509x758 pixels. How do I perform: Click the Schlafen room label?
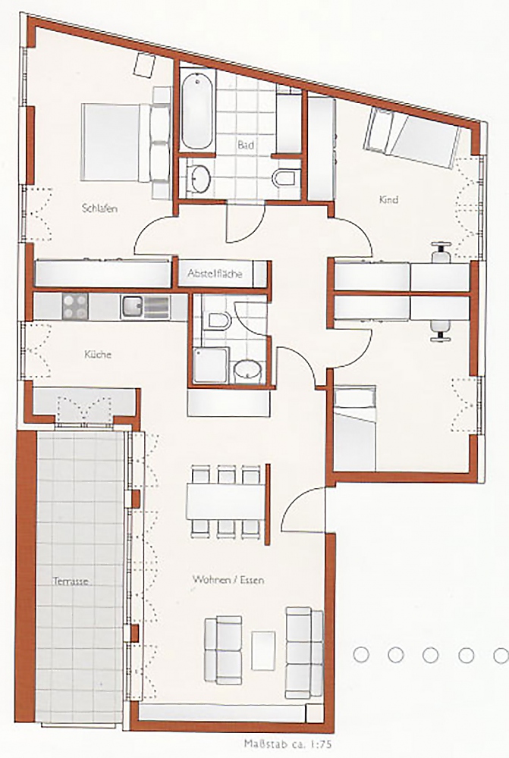tap(99, 209)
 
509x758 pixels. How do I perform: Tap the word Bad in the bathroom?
tap(246, 145)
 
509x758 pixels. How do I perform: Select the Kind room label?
tap(388, 199)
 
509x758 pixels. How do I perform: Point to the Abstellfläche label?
tap(215, 274)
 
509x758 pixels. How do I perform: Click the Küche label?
tap(98, 354)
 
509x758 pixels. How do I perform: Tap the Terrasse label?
tap(71, 581)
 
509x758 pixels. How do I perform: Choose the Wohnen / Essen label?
tap(228, 579)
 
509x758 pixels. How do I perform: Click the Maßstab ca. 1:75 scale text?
tap(288, 744)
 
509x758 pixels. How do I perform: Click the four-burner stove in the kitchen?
tap(75, 306)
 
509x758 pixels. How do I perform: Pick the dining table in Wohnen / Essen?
tap(225, 501)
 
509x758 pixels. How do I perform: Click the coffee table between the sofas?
tap(263, 650)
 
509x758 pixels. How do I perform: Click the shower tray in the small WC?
tap(210, 365)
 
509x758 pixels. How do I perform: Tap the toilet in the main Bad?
tap(284, 178)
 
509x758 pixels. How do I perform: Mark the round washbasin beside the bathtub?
tap(199, 177)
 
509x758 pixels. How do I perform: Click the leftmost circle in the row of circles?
tap(361, 655)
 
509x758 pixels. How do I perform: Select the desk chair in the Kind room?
tap(441, 252)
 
